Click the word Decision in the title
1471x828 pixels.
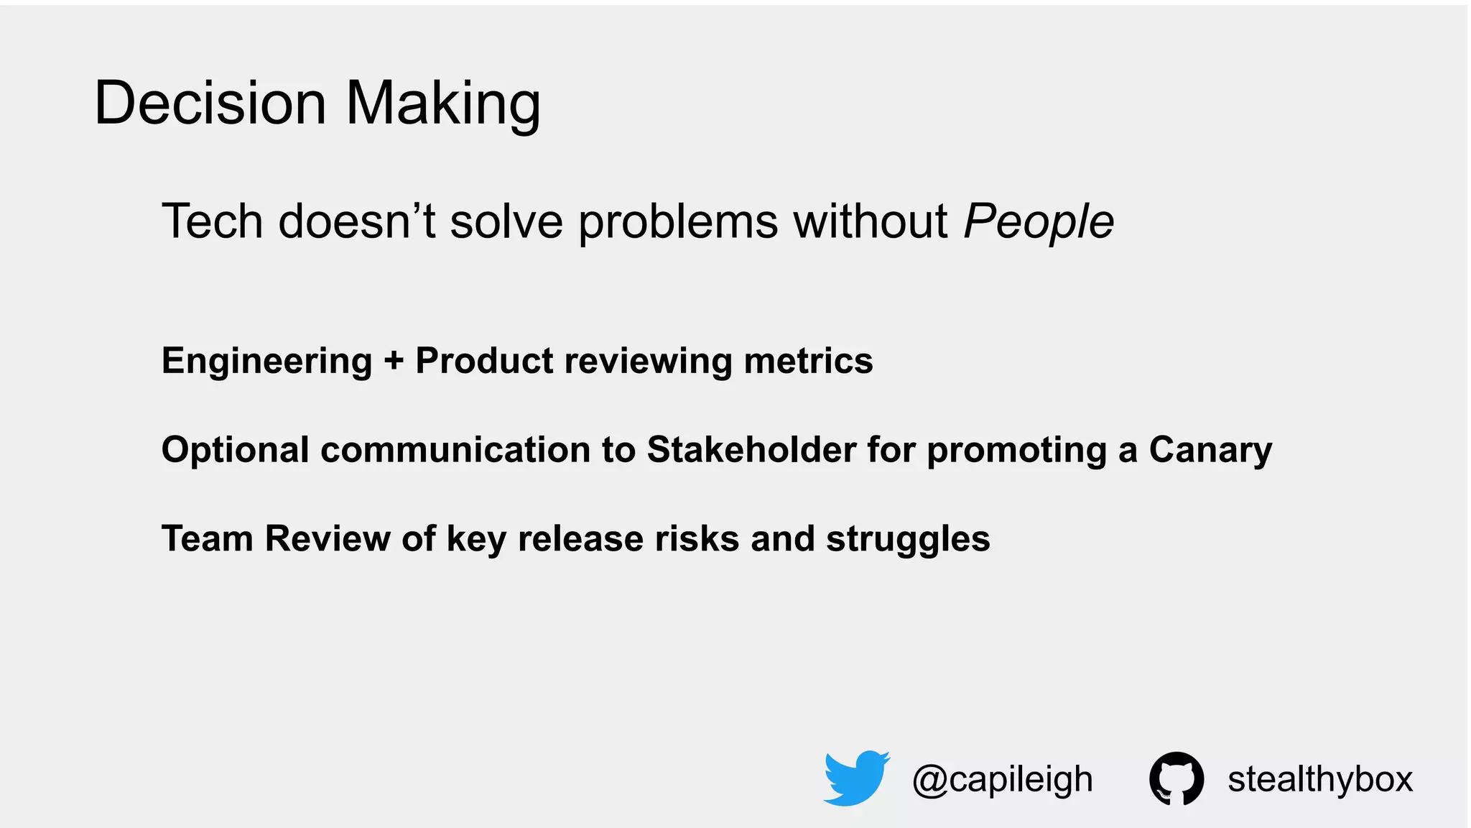point(210,103)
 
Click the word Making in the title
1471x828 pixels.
point(442,103)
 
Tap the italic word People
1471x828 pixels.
point(1038,221)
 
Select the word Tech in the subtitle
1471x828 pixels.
point(212,221)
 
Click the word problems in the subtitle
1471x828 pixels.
point(677,221)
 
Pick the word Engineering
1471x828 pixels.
point(266,361)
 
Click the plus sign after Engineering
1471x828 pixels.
point(394,361)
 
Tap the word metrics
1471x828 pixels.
point(808,361)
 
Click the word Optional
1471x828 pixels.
point(235,450)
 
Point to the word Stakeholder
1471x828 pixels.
point(751,450)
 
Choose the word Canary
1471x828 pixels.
point(1210,450)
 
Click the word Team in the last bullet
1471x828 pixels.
point(207,539)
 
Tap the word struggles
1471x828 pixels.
point(908,539)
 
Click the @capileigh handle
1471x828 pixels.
point(1002,779)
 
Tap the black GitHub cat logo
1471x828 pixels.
point(1176,778)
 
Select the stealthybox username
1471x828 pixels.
point(1320,779)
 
